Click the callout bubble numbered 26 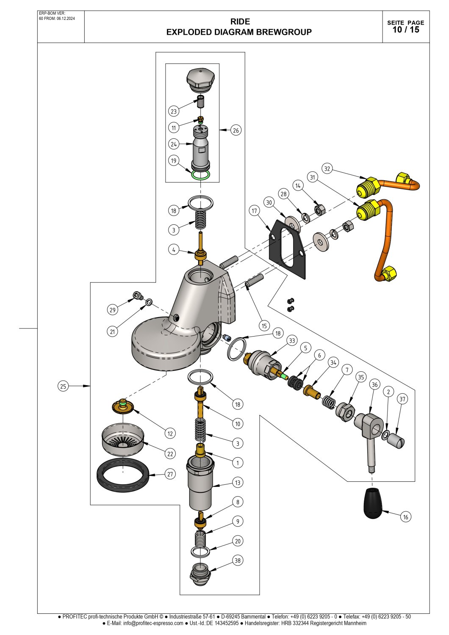click(x=236, y=130)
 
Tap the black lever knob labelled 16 click(x=373, y=504)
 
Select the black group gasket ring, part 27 click(x=123, y=475)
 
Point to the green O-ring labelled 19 click(x=200, y=174)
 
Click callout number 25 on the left click(x=63, y=386)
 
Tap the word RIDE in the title click(x=240, y=22)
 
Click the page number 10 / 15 click(x=406, y=30)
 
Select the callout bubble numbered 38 click(x=238, y=560)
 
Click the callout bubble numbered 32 click(x=327, y=168)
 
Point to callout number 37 click(x=402, y=399)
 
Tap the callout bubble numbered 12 click(x=170, y=433)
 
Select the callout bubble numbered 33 click(x=292, y=340)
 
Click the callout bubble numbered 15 click(x=264, y=326)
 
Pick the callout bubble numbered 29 click(x=112, y=310)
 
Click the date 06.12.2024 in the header click(x=66, y=19)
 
